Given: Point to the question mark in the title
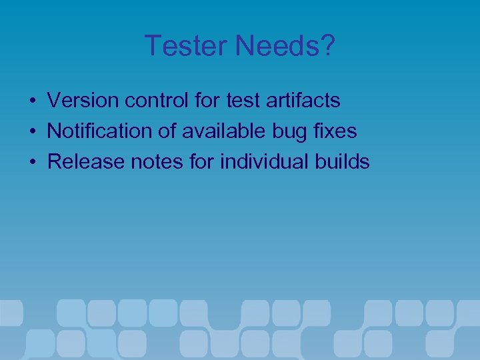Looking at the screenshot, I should [327, 46].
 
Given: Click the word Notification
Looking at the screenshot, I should [99, 131].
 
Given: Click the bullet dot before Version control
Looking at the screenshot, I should [32, 101].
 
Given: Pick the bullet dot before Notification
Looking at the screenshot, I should [32, 132].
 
